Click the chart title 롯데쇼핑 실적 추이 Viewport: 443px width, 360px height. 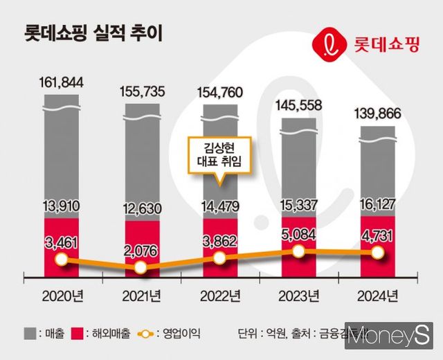84,33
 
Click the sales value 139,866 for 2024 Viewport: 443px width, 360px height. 377,115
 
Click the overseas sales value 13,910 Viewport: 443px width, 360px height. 61,206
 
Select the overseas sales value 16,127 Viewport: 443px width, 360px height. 377,206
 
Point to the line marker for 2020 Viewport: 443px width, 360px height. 61,260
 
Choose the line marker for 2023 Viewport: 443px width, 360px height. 298,251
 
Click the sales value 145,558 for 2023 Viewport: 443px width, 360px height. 298,107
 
